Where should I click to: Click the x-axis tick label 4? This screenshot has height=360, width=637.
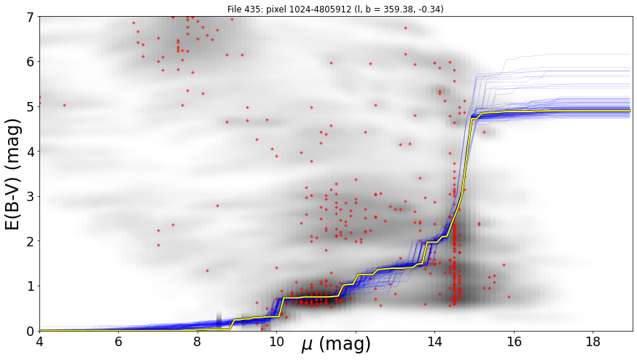tap(39, 342)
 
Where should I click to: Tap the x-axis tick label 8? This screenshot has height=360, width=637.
tap(198, 342)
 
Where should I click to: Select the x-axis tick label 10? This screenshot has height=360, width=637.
tap(277, 342)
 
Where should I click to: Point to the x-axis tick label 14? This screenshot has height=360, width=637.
tap(434, 342)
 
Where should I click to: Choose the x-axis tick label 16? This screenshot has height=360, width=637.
tap(514, 342)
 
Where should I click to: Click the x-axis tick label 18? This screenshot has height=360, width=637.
tap(593, 342)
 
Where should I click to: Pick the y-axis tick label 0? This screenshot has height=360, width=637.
tap(31, 331)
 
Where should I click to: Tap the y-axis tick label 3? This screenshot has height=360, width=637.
tap(31, 196)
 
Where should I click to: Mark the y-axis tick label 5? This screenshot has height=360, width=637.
tap(31, 106)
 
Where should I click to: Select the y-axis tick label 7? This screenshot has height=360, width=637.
tap(31, 17)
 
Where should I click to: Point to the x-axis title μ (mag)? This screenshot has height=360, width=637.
tap(336, 344)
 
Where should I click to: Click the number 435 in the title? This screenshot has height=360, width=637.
tap(255, 9)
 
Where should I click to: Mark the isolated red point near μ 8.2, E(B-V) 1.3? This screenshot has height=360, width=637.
tap(207, 270)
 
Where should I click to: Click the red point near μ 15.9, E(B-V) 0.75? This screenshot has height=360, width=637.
tap(509, 297)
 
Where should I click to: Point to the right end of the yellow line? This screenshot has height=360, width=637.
tap(630, 111)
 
